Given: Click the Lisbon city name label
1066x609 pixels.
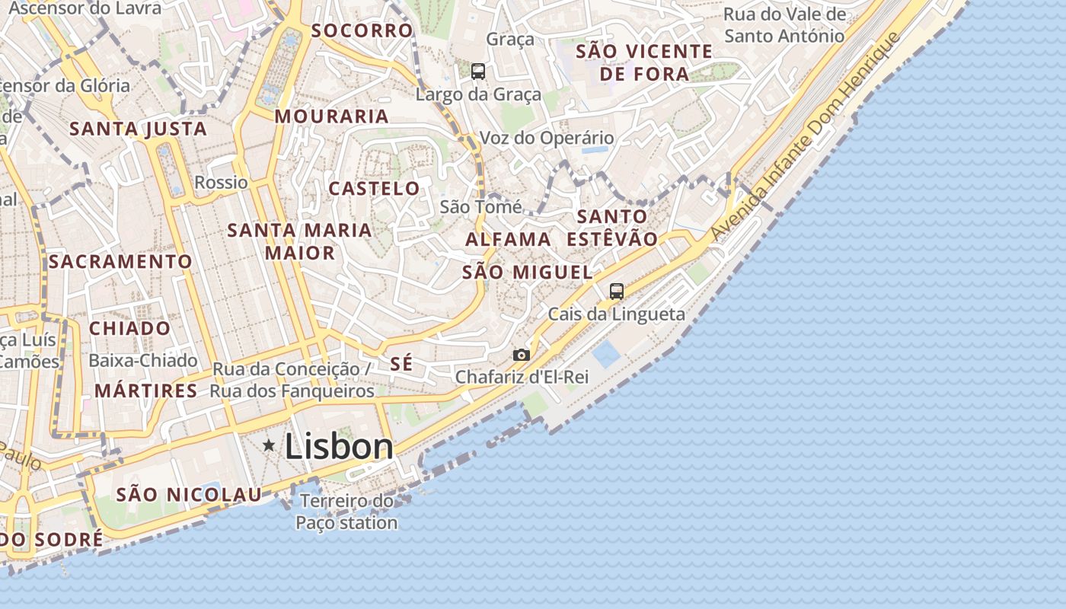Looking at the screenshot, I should click(x=339, y=447).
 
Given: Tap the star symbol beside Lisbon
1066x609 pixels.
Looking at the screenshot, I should click(x=269, y=445).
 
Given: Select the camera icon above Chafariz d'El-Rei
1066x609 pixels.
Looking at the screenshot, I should click(x=522, y=355).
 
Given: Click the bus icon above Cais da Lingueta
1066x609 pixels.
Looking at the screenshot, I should click(x=616, y=291).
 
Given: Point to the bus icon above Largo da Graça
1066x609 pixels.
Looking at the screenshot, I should click(x=478, y=72).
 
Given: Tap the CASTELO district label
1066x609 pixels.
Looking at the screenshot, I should click(x=374, y=189).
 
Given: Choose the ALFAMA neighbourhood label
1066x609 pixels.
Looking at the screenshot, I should click(x=508, y=239).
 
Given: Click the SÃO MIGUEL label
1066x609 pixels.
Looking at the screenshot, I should click(x=527, y=273).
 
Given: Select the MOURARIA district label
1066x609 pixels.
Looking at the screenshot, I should click(x=332, y=116).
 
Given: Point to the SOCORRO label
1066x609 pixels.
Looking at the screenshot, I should click(x=362, y=30).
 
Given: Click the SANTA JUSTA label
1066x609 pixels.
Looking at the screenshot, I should click(x=139, y=129).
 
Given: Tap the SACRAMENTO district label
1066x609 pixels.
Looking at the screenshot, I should click(x=120, y=262).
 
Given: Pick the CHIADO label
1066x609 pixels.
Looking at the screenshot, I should click(x=130, y=329).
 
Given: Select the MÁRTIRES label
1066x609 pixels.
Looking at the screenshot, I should click(x=145, y=391).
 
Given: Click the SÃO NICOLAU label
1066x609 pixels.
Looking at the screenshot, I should click(x=189, y=495).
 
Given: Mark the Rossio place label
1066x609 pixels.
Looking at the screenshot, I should click(x=221, y=183).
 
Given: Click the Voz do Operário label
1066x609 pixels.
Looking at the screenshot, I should click(x=546, y=138).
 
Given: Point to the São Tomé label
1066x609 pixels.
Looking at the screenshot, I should click(x=481, y=206).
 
